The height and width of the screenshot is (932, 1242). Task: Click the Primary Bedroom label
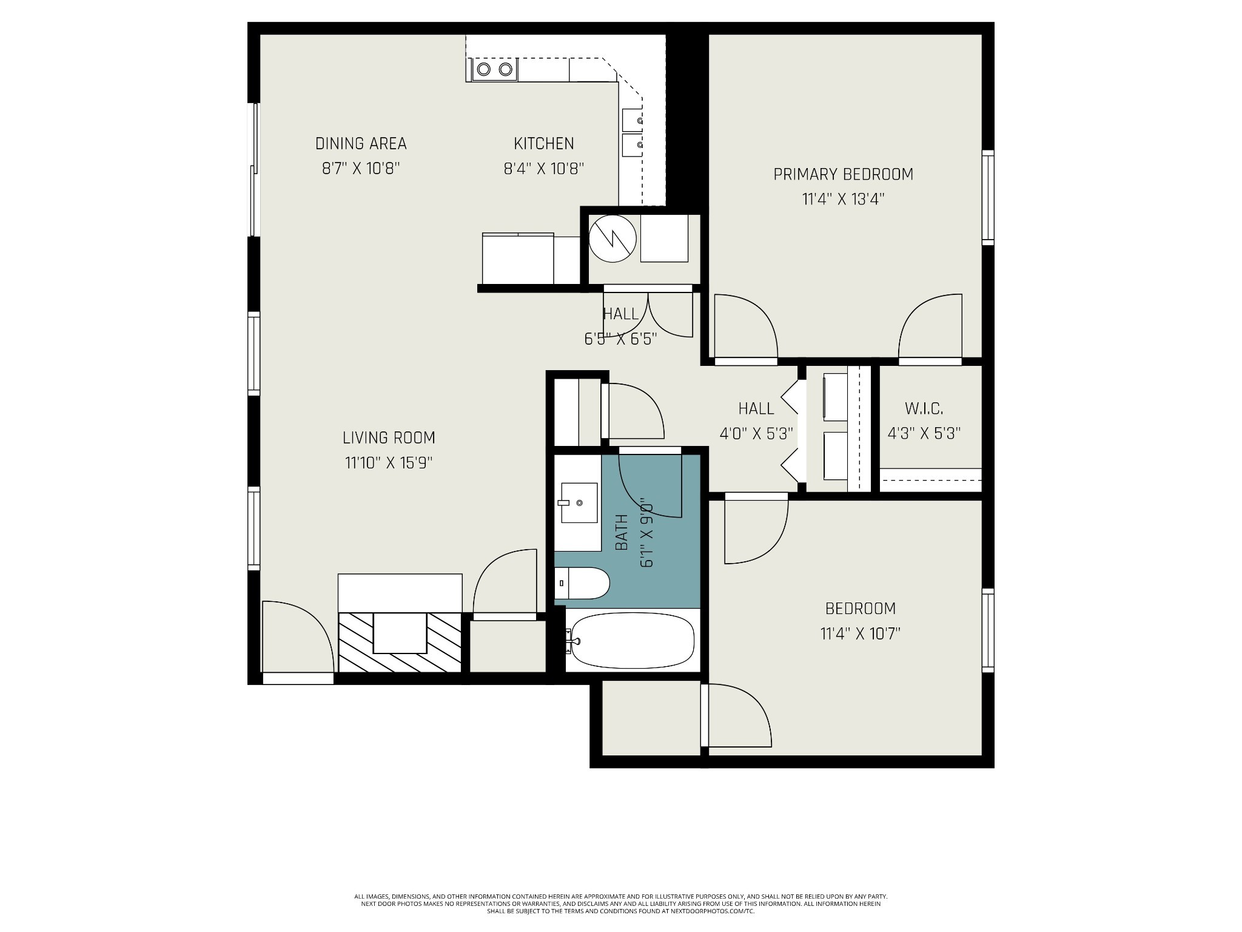click(843, 174)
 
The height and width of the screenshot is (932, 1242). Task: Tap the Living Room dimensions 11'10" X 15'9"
click(389, 463)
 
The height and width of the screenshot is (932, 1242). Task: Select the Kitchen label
click(544, 144)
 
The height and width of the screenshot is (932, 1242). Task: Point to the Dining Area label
click(361, 144)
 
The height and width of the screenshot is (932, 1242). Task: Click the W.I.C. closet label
click(924, 408)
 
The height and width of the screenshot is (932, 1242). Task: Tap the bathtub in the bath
click(633, 641)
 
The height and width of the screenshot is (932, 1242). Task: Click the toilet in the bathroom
click(582, 583)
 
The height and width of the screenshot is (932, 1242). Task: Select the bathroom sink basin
click(579, 502)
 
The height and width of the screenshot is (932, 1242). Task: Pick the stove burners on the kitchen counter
click(494, 69)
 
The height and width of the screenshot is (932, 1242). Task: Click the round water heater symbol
click(613, 238)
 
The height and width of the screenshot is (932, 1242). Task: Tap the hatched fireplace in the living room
click(400, 642)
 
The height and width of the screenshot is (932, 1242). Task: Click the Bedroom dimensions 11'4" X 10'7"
click(861, 634)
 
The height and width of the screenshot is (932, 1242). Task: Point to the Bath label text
click(622, 533)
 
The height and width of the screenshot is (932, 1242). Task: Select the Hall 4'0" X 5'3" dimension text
click(756, 433)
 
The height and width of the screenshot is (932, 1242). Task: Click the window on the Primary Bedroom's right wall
click(988, 197)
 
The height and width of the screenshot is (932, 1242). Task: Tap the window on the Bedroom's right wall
click(988, 630)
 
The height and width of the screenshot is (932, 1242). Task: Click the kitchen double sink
click(633, 133)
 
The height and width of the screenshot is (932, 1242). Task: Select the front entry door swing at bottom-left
click(298, 637)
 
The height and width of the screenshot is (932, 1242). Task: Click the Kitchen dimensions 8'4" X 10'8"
click(544, 168)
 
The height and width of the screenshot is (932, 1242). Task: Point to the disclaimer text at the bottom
click(621, 920)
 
